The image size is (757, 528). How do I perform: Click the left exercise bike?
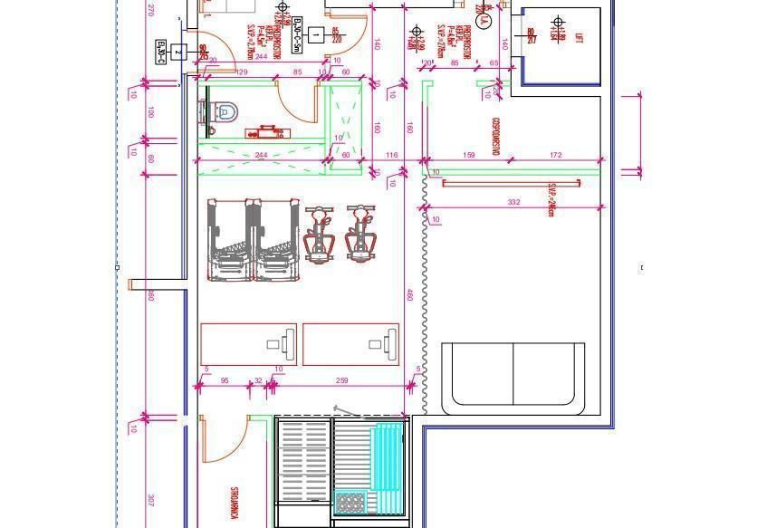[319, 235]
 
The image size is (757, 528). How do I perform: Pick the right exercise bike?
[360, 235]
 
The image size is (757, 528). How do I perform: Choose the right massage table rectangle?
[350, 344]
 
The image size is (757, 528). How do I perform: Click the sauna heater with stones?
[349, 502]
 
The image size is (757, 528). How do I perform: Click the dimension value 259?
[341, 381]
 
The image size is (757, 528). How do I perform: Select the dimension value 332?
[513, 202]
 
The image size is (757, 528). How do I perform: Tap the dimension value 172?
[556, 156]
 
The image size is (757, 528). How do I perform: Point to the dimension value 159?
[469, 156]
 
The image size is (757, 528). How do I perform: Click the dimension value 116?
[391, 156]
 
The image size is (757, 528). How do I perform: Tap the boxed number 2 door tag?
[178, 53]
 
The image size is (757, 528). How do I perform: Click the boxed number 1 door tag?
[317, 36]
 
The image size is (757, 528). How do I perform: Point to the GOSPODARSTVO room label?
[495, 136]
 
